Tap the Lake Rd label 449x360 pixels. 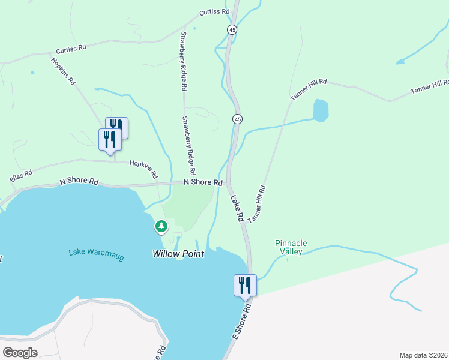pos(237,209)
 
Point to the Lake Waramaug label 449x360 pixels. pos(96,254)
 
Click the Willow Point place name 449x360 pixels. pos(178,254)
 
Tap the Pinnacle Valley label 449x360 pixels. pos(291,247)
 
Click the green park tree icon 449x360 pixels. pos(161,227)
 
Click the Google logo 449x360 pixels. pos(20,352)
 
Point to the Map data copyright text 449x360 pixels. pos(424,355)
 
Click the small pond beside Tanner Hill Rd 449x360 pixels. pos(321,110)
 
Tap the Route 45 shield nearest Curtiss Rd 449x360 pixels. pos(232,29)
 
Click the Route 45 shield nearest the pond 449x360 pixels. pos(238,119)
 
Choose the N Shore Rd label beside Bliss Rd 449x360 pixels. pos(79,181)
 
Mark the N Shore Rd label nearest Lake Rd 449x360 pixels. pos(203,182)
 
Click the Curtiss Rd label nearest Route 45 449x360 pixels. pos(215,12)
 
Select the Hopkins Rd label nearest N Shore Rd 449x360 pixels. pos(144,170)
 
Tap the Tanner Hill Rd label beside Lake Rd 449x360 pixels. pos(256,205)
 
